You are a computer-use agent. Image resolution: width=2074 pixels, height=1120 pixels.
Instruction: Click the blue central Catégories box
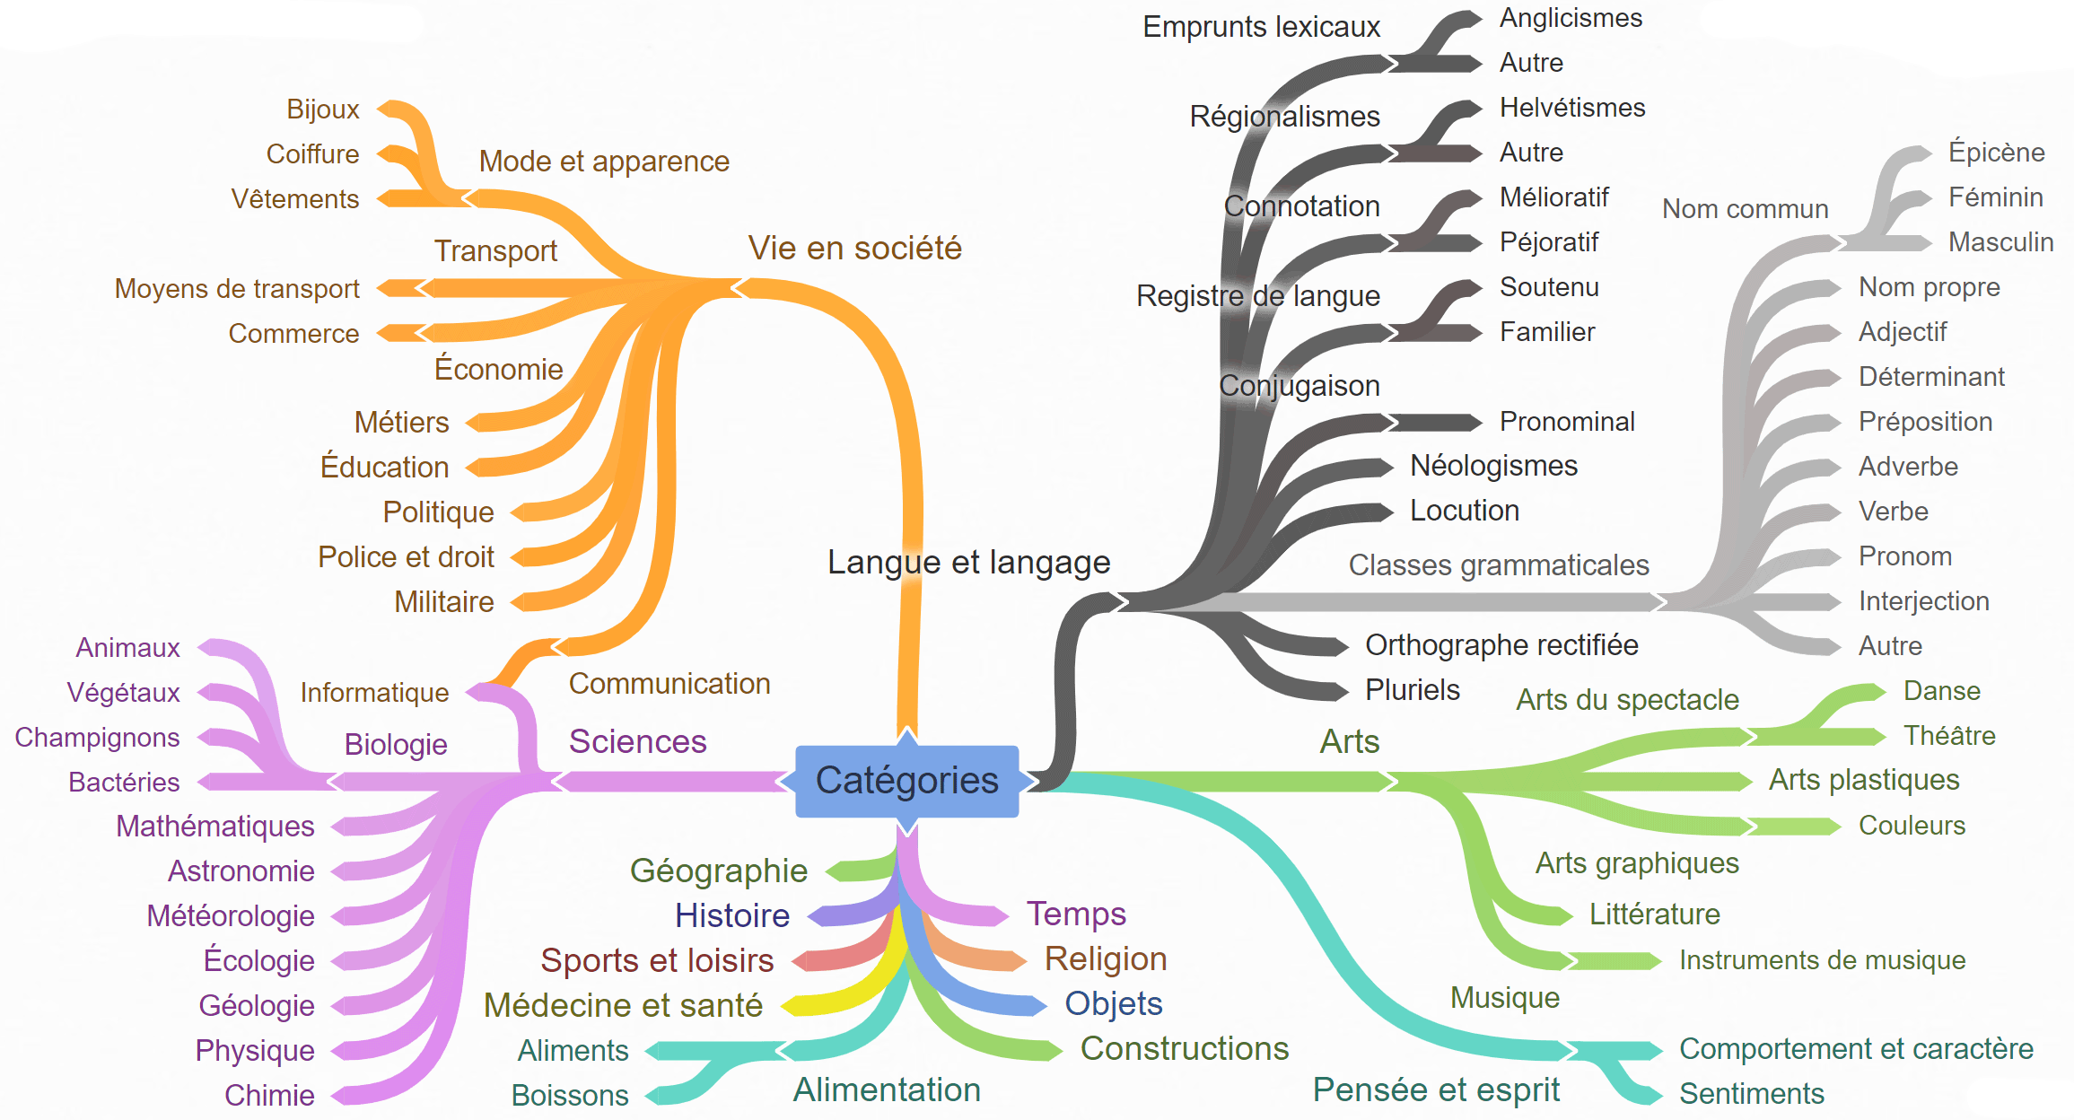(907, 781)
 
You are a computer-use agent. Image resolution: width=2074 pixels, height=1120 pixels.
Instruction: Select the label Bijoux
(323, 109)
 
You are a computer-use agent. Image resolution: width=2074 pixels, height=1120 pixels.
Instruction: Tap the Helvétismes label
(1572, 108)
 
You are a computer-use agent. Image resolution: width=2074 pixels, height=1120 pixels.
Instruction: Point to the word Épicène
(1997, 153)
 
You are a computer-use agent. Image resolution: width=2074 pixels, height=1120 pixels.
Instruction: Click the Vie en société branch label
(854, 248)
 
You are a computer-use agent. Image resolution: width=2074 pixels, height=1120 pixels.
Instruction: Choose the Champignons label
(98, 738)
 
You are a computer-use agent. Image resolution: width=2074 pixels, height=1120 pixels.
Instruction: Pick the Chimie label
(269, 1095)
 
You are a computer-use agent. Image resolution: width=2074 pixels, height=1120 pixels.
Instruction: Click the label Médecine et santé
(623, 1005)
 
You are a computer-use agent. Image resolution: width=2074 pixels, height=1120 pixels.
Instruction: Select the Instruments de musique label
(1823, 960)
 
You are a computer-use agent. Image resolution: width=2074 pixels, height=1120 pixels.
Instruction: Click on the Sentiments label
(1752, 1094)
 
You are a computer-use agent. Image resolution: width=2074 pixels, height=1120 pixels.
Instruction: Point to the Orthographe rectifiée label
(1501, 645)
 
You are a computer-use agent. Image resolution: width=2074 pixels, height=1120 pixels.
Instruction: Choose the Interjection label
(1924, 601)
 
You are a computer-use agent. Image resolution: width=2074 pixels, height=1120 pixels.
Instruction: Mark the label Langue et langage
(969, 563)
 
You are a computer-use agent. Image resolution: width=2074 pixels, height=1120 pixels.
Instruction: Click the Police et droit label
(406, 556)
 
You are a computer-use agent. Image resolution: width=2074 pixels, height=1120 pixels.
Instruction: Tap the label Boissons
(570, 1096)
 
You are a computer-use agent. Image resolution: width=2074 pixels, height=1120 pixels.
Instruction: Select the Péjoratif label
(1549, 242)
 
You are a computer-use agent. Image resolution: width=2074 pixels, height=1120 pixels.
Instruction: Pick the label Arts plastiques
(1864, 781)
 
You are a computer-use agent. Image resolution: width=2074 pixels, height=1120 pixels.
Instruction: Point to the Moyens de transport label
(237, 289)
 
